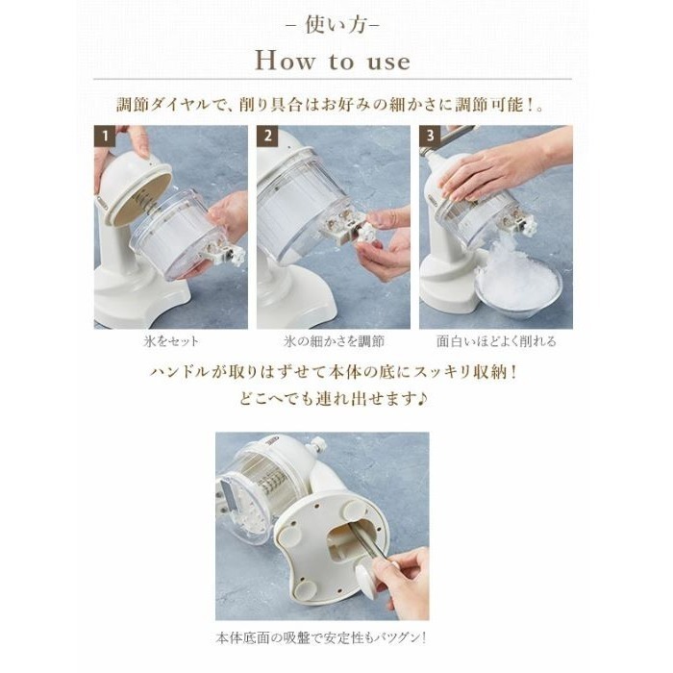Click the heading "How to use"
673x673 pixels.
333,61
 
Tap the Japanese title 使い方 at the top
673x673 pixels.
334,25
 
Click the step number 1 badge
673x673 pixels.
105,137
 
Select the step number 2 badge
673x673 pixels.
267,137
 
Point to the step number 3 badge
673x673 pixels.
430,137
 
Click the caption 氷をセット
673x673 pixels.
171,341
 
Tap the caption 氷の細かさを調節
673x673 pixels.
334,341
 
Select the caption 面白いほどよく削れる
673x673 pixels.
496,341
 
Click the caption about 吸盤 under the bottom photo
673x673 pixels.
321,638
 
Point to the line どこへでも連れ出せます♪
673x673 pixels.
334,399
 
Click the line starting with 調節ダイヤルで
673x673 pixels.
331,105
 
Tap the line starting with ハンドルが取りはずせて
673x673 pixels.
334,372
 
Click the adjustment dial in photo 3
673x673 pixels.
528,223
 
